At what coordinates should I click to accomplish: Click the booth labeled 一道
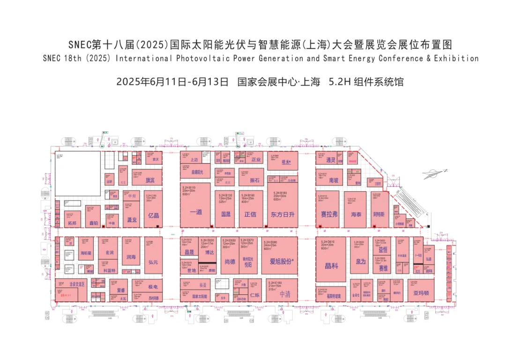(196, 212)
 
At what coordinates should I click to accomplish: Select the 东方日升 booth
(283, 214)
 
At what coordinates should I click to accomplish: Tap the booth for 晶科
(331, 266)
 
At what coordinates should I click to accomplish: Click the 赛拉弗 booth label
(329, 214)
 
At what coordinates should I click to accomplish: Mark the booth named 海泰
(356, 214)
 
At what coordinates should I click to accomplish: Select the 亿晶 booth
(154, 216)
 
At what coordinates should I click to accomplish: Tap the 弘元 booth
(154, 262)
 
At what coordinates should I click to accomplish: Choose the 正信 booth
(251, 214)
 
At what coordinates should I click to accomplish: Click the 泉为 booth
(360, 262)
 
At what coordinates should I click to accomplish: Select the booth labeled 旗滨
(150, 180)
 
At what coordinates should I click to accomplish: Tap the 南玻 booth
(334, 180)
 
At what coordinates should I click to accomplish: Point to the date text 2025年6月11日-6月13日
(172, 82)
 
